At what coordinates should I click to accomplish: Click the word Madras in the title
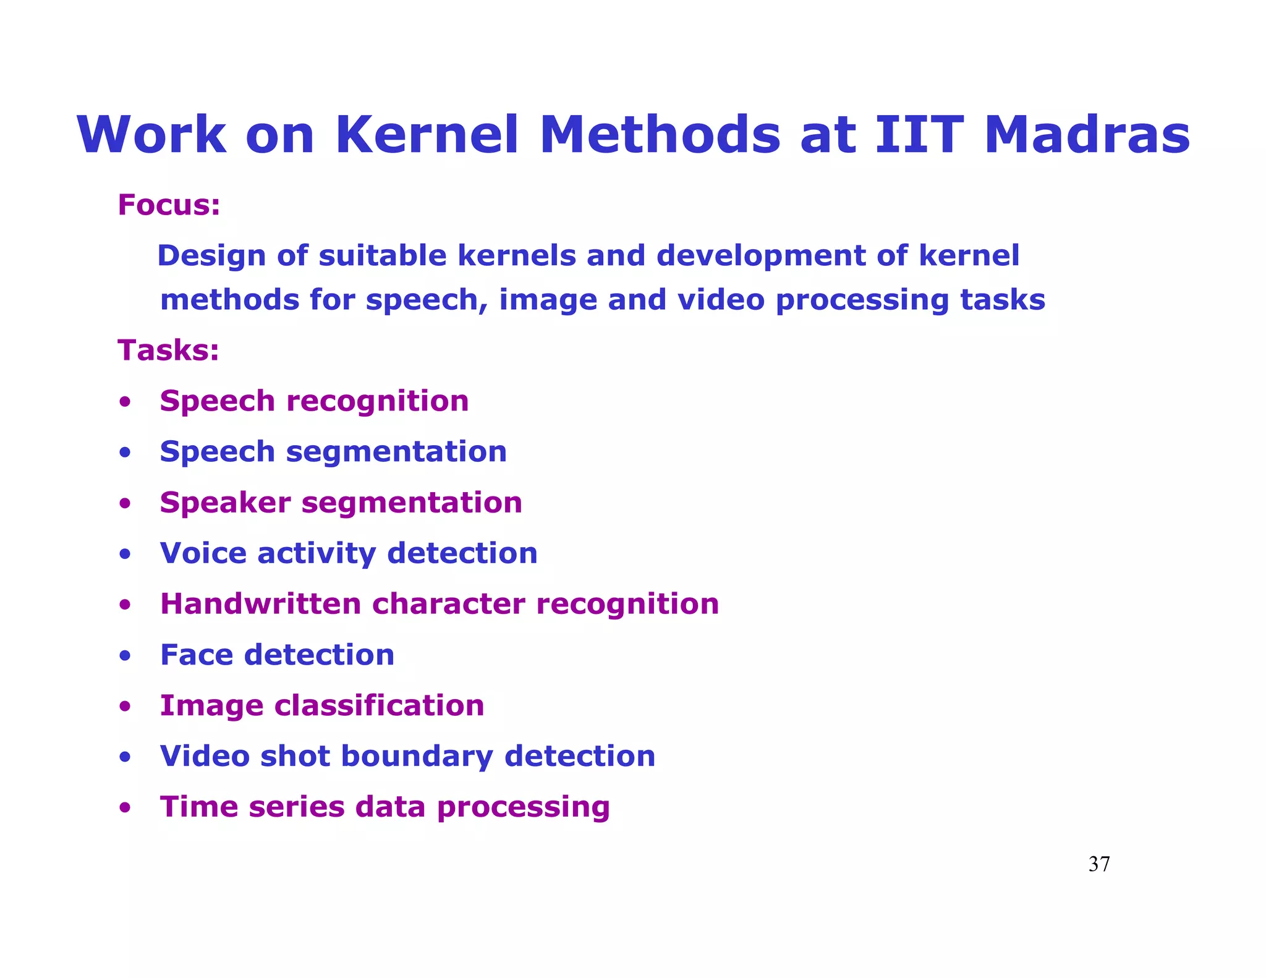pos(1087,135)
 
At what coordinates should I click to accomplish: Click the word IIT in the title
pos(919,135)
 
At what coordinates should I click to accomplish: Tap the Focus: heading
pos(169,205)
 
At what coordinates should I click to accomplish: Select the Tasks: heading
pos(168,350)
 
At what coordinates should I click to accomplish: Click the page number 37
pos(1098,864)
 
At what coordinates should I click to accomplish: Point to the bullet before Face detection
pos(125,655)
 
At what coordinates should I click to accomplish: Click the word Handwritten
pos(260,604)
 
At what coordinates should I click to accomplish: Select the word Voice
pos(203,553)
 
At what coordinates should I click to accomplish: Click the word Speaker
pos(225,503)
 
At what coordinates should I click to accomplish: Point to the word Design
pos(211,256)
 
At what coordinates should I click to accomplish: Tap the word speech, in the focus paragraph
pos(427,300)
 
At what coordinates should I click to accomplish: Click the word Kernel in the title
pos(427,135)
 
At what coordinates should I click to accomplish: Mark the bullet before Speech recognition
pos(125,402)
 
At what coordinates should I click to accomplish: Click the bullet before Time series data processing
pos(125,807)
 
